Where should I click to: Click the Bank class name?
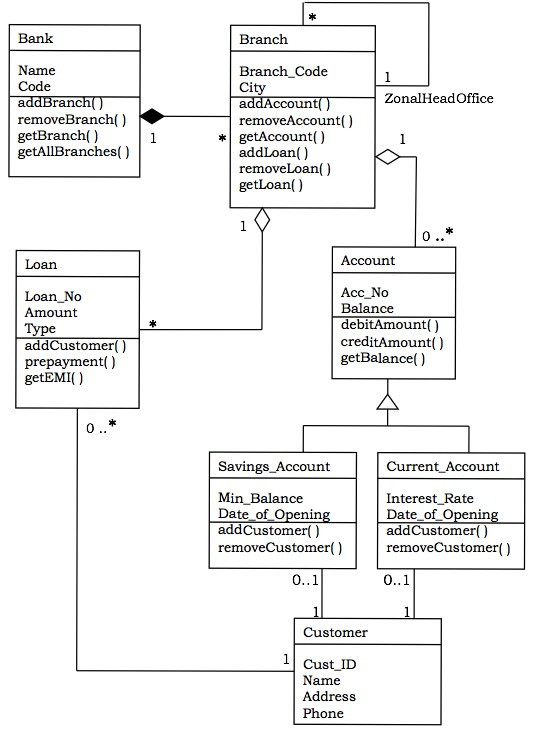(35, 39)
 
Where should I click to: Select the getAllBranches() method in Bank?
(74, 152)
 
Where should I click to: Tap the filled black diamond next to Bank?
(152, 116)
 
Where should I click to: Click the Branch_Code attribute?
(283, 72)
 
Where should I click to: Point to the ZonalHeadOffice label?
(438, 98)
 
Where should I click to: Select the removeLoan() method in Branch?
(285, 169)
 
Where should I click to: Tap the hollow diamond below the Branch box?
(262, 221)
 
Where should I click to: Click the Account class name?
(368, 261)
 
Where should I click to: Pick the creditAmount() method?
(392, 342)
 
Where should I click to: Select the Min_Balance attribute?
(260, 498)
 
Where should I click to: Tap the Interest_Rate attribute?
(430, 498)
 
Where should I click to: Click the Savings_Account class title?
(273, 467)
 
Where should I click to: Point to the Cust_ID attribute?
(330, 664)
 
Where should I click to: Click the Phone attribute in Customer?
(323, 713)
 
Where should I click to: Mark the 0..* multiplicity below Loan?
(102, 428)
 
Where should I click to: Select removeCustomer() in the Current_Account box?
(448, 548)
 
